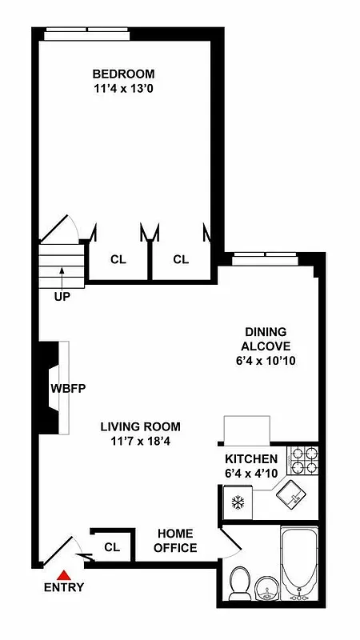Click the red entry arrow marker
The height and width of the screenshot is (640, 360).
[64, 574]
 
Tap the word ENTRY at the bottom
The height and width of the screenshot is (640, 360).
[64, 587]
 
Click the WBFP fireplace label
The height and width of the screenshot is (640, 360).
[68, 389]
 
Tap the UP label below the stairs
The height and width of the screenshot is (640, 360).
[62, 297]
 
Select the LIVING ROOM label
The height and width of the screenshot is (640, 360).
[140, 426]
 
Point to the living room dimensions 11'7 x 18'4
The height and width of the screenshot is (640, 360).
[140, 442]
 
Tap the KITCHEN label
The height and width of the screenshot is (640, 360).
[250, 459]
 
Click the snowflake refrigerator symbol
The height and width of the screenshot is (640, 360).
[237, 503]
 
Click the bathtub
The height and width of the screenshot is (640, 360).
[301, 564]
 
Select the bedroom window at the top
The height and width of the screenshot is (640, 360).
[87, 33]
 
